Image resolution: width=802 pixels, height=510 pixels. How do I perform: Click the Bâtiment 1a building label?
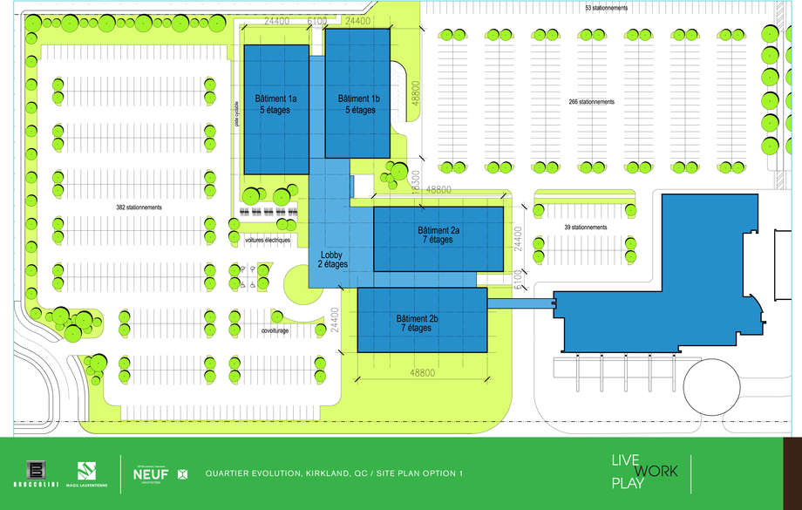tap(275, 105)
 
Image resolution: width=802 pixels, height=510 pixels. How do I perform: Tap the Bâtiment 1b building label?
tap(358, 105)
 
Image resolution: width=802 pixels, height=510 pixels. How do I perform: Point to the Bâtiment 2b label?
tap(418, 323)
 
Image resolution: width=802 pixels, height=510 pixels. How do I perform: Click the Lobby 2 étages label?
tap(330, 258)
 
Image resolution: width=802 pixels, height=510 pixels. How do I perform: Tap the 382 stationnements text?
tap(139, 207)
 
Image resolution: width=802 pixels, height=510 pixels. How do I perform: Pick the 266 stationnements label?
tap(591, 102)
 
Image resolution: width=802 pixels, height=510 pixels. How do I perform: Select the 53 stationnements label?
tap(607, 8)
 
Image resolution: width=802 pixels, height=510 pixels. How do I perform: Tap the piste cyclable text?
tap(236, 114)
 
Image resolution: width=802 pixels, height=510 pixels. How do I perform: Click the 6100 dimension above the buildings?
tap(318, 21)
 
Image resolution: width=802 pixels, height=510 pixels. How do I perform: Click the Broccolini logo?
tap(36, 473)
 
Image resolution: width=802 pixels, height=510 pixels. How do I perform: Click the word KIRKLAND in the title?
tap(330, 473)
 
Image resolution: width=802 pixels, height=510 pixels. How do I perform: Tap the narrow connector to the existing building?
tap(521, 303)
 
